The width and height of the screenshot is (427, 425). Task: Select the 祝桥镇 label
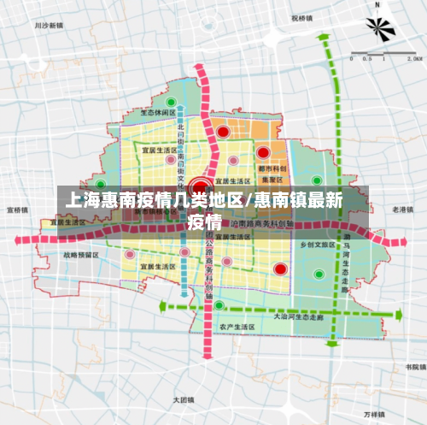(x=301, y=17)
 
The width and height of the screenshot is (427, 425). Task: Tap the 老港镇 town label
(x=402, y=209)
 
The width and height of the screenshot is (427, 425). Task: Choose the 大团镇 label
(x=184, y=399)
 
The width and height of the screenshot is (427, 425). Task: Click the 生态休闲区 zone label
(x=158, y=112)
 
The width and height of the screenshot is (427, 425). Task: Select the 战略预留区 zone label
(x=80, y=255)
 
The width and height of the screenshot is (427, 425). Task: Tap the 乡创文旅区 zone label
(x=317, y=244)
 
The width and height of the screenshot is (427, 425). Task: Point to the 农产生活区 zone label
(x=237, y=327)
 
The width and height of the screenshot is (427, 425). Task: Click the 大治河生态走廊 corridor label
(x=298, y=316)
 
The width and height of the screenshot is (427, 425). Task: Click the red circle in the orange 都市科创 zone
(x=263, y=152)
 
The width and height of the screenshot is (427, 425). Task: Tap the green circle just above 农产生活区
(x=219, y=305)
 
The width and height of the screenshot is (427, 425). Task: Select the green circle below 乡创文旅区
(x=319, y=274)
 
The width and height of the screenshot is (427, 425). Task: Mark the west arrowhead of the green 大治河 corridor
(x=163, y=304)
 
